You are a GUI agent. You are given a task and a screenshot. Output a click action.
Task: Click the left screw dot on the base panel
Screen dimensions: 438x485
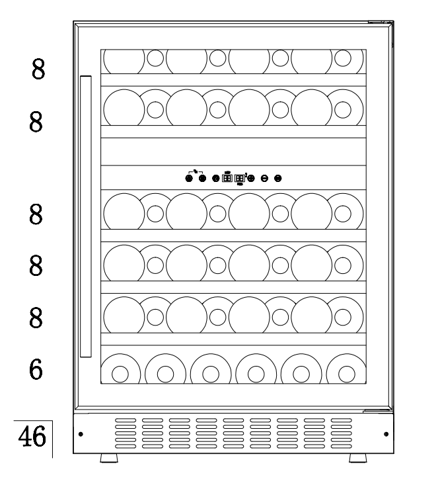click(x=81, y=435)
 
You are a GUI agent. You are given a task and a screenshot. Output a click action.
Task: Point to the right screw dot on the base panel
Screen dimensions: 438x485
click(x=385, y=435)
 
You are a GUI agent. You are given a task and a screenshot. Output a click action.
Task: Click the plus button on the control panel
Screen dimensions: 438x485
click(x=252, y=178)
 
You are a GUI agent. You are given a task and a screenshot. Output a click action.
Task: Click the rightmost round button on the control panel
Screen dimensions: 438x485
click(x=277, y=178)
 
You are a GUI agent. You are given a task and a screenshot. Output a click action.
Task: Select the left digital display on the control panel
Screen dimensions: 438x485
click(x=227, y=178)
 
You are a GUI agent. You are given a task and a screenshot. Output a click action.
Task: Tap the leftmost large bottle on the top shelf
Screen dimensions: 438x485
click(x=124, y=61)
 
